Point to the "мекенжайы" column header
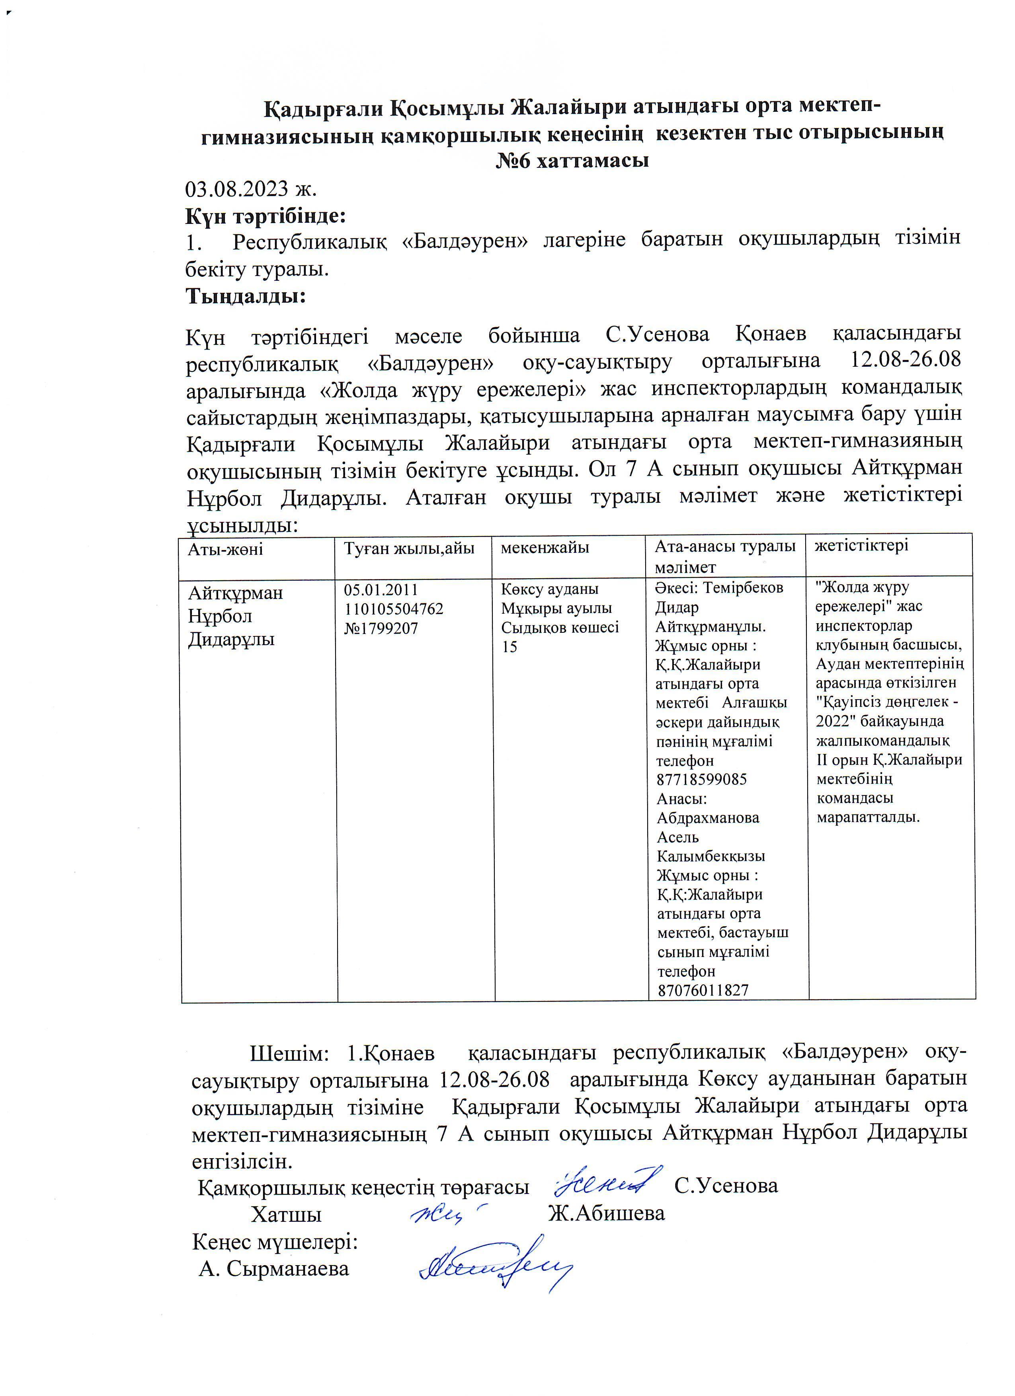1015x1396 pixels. point(545,547)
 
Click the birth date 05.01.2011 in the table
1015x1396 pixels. point(381,590)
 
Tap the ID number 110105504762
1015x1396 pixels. point(394,609)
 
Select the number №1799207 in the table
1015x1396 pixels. point(381,628)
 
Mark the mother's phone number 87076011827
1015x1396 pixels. point(703,990)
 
